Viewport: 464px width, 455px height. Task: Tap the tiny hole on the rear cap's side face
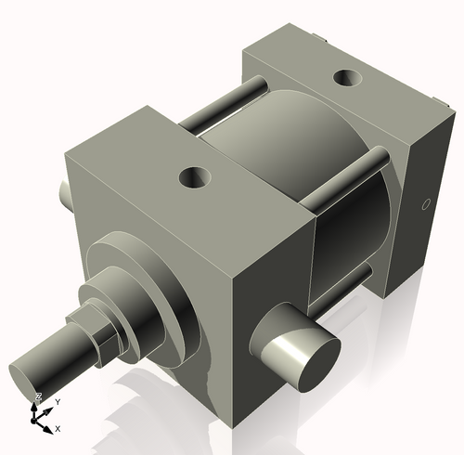[x=425, y=203]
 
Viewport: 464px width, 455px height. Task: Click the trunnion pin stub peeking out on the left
[x=65, y=193]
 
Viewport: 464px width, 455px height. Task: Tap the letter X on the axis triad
[x=58, y=428]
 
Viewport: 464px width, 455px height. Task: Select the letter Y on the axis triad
[x=58, y=401]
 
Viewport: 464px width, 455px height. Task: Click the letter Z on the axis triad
[x=38, y=396]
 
